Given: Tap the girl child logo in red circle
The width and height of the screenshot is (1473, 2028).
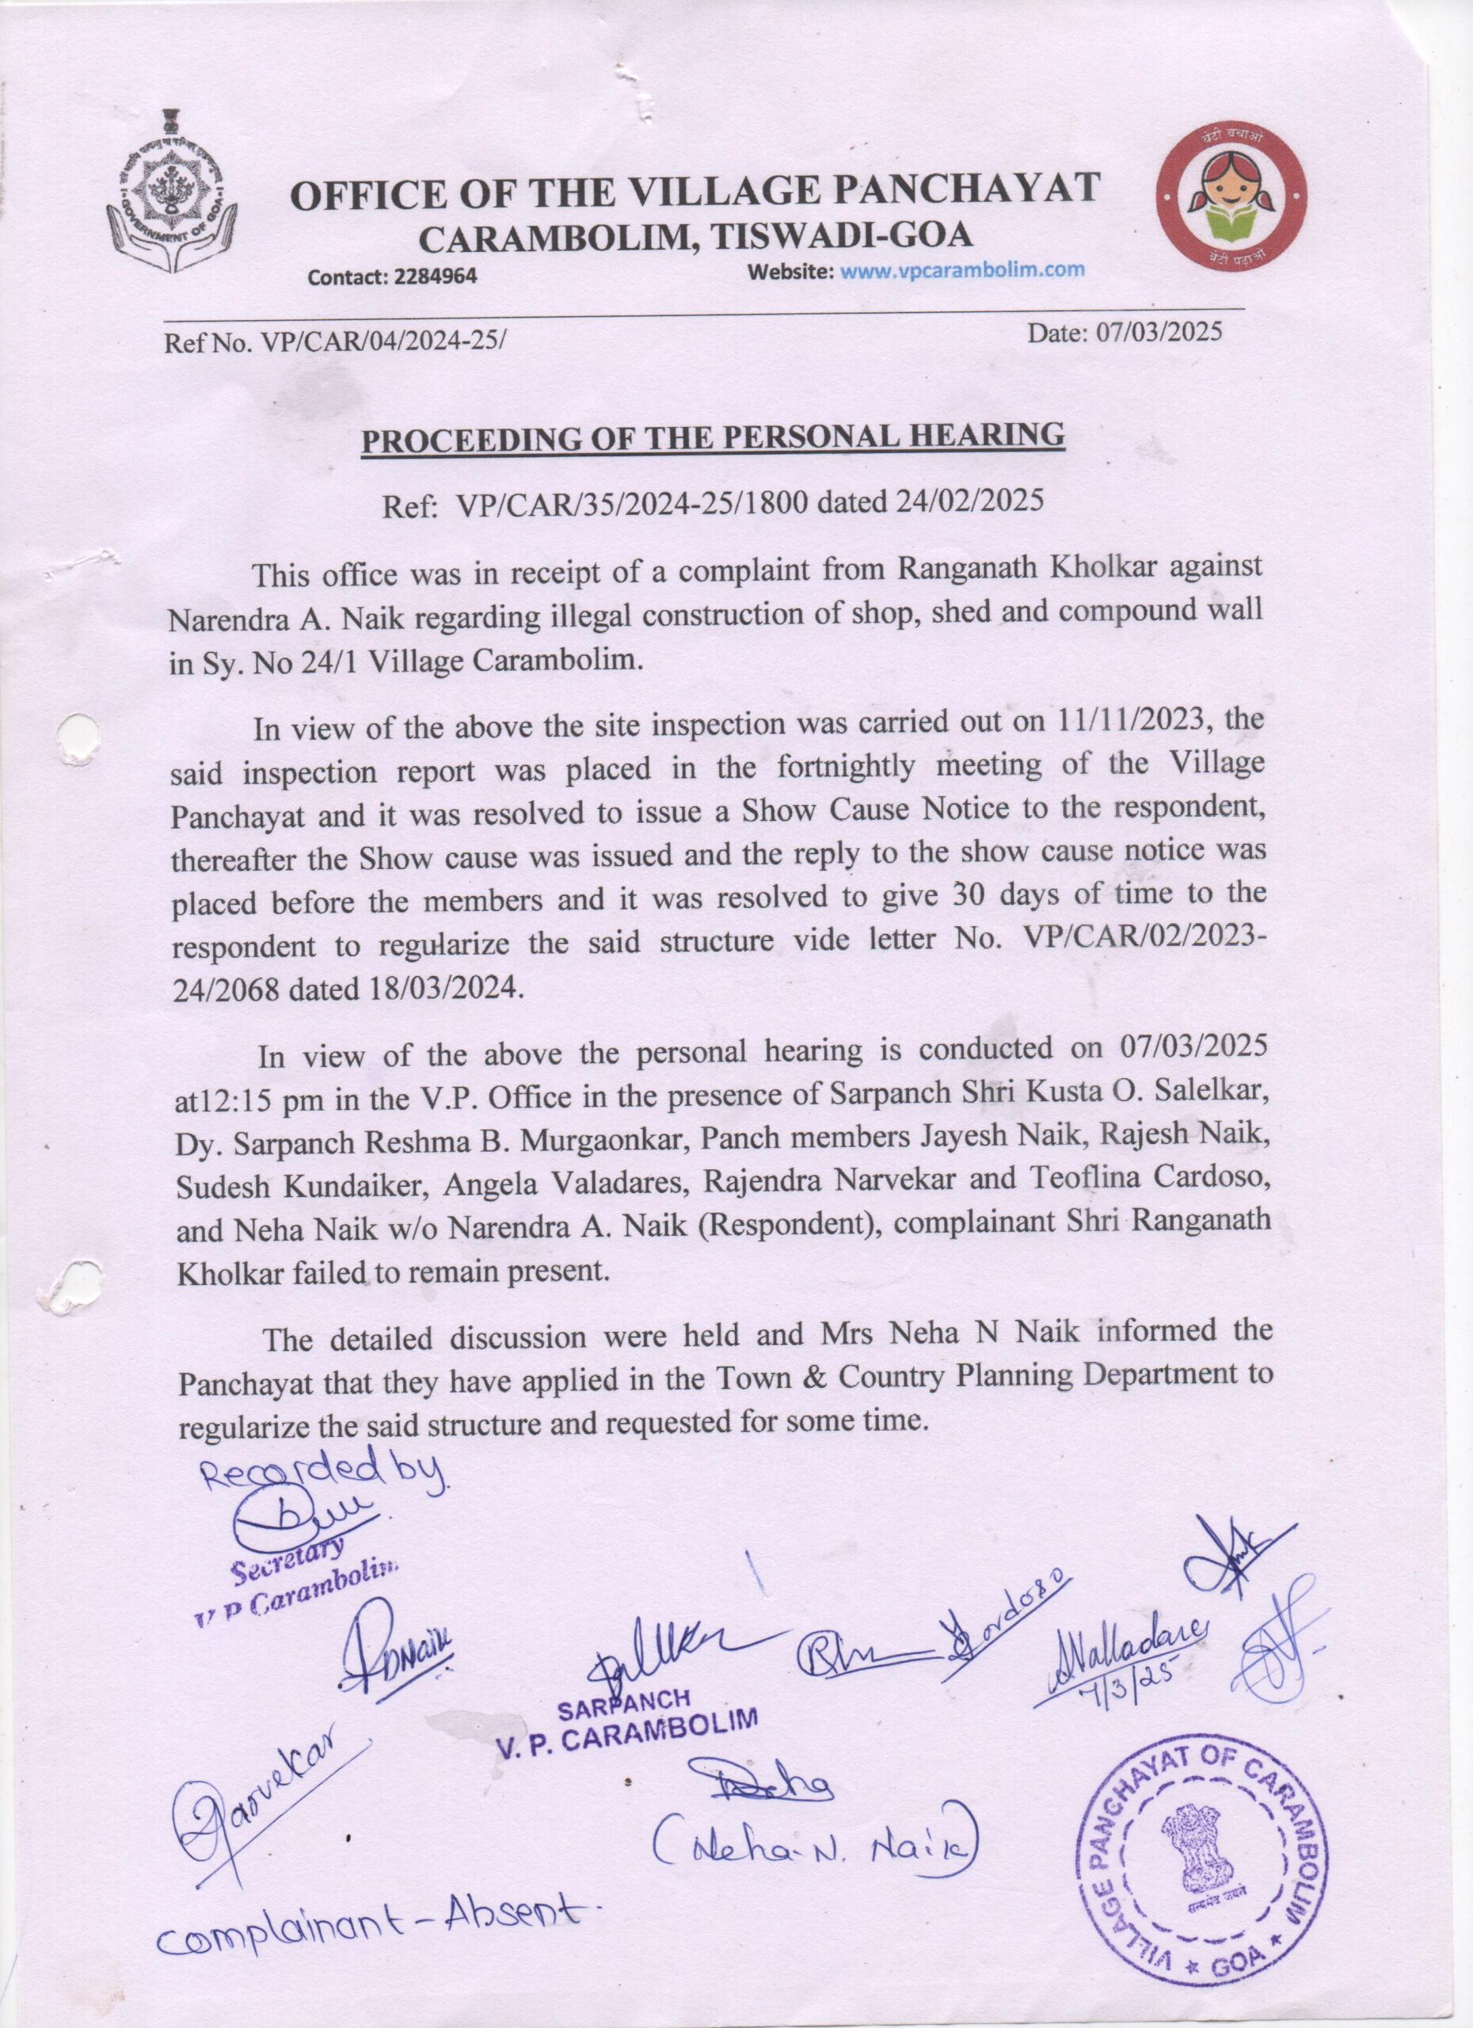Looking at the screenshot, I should (x=1231, y=199).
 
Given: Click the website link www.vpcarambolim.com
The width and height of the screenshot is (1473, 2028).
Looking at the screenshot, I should (x=964, y=269).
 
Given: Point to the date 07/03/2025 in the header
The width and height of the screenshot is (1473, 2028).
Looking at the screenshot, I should (x=1159, y=334).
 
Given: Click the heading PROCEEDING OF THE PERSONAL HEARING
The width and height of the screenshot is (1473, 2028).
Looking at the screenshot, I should (x=713, y=436).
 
